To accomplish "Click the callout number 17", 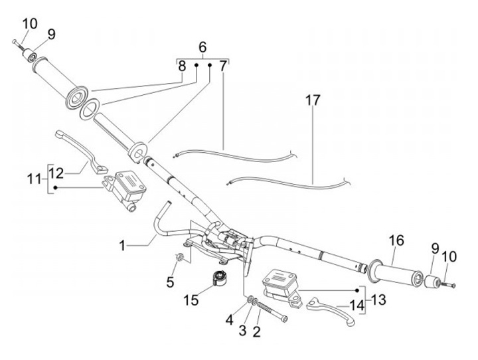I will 313,101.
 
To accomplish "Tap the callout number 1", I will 122,246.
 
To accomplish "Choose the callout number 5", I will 171,282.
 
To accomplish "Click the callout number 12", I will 57,173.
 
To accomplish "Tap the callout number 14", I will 357,307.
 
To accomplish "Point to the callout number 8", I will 181,65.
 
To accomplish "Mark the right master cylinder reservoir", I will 280,278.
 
